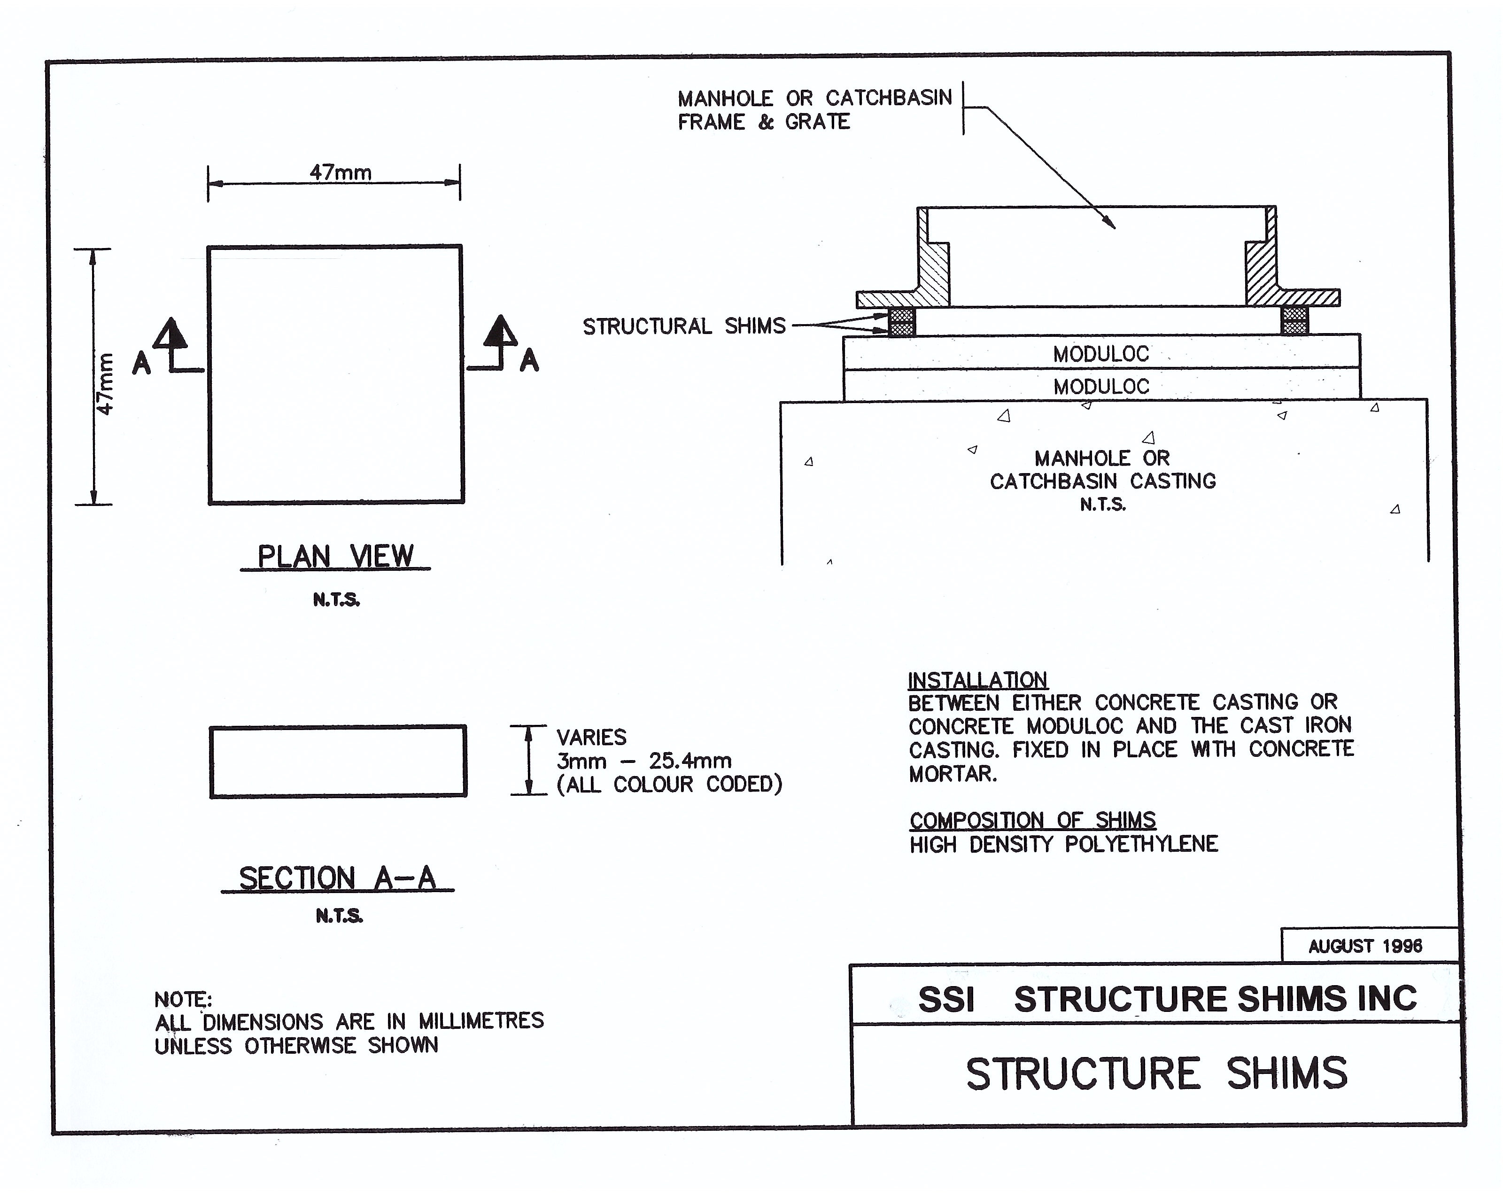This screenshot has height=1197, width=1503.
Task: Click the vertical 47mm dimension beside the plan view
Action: [105, 383]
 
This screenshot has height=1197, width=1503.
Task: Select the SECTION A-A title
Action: [337, 878]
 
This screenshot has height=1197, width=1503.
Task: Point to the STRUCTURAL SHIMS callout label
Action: [684, 326]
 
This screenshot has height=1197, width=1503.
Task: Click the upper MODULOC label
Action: [1101, 354]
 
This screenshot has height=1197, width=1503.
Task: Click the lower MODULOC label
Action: [1101, 386]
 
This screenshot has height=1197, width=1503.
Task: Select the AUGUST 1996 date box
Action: [1364, 946]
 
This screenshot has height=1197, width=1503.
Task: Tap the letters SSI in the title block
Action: [946, 1000]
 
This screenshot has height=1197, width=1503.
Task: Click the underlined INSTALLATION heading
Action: [977, 680]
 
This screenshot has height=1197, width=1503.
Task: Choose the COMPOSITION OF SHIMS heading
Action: [1032, 820]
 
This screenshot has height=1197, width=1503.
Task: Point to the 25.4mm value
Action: [690, 761]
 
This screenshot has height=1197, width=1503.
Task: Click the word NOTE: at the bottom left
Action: [183, 999]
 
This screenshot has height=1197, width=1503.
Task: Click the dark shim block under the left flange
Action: [901, 321]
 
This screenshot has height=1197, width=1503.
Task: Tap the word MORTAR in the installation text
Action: [952, 774]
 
